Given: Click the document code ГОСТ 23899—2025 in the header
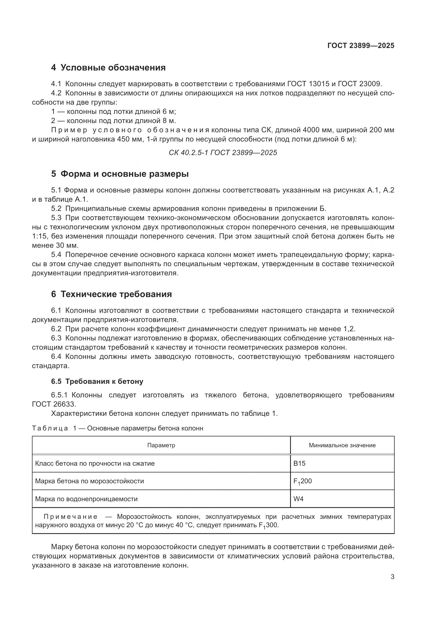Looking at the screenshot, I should (x=361, y=46).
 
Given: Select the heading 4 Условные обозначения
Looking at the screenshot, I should (x=108, y=67).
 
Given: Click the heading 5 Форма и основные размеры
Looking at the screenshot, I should (x=120, y=174).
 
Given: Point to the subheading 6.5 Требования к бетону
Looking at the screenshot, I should (x=97, y=381).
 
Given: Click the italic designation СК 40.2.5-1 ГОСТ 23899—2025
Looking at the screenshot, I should (x=223, y=153).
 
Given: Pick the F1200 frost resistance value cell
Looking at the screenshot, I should (x=302, y=481).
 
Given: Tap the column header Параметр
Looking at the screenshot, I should (x=161, y=445).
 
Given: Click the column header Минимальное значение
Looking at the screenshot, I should (x=342, y=445).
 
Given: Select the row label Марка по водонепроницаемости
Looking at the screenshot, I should (x=86, y=499).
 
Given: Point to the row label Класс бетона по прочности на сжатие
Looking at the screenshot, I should (x=95, y=463).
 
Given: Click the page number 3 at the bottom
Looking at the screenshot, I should (x=392, y=577).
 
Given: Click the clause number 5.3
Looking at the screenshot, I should (x=56, y=218).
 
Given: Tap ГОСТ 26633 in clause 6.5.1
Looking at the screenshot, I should (x=54, y=404).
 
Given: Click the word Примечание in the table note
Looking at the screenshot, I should (x=70, y=517).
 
